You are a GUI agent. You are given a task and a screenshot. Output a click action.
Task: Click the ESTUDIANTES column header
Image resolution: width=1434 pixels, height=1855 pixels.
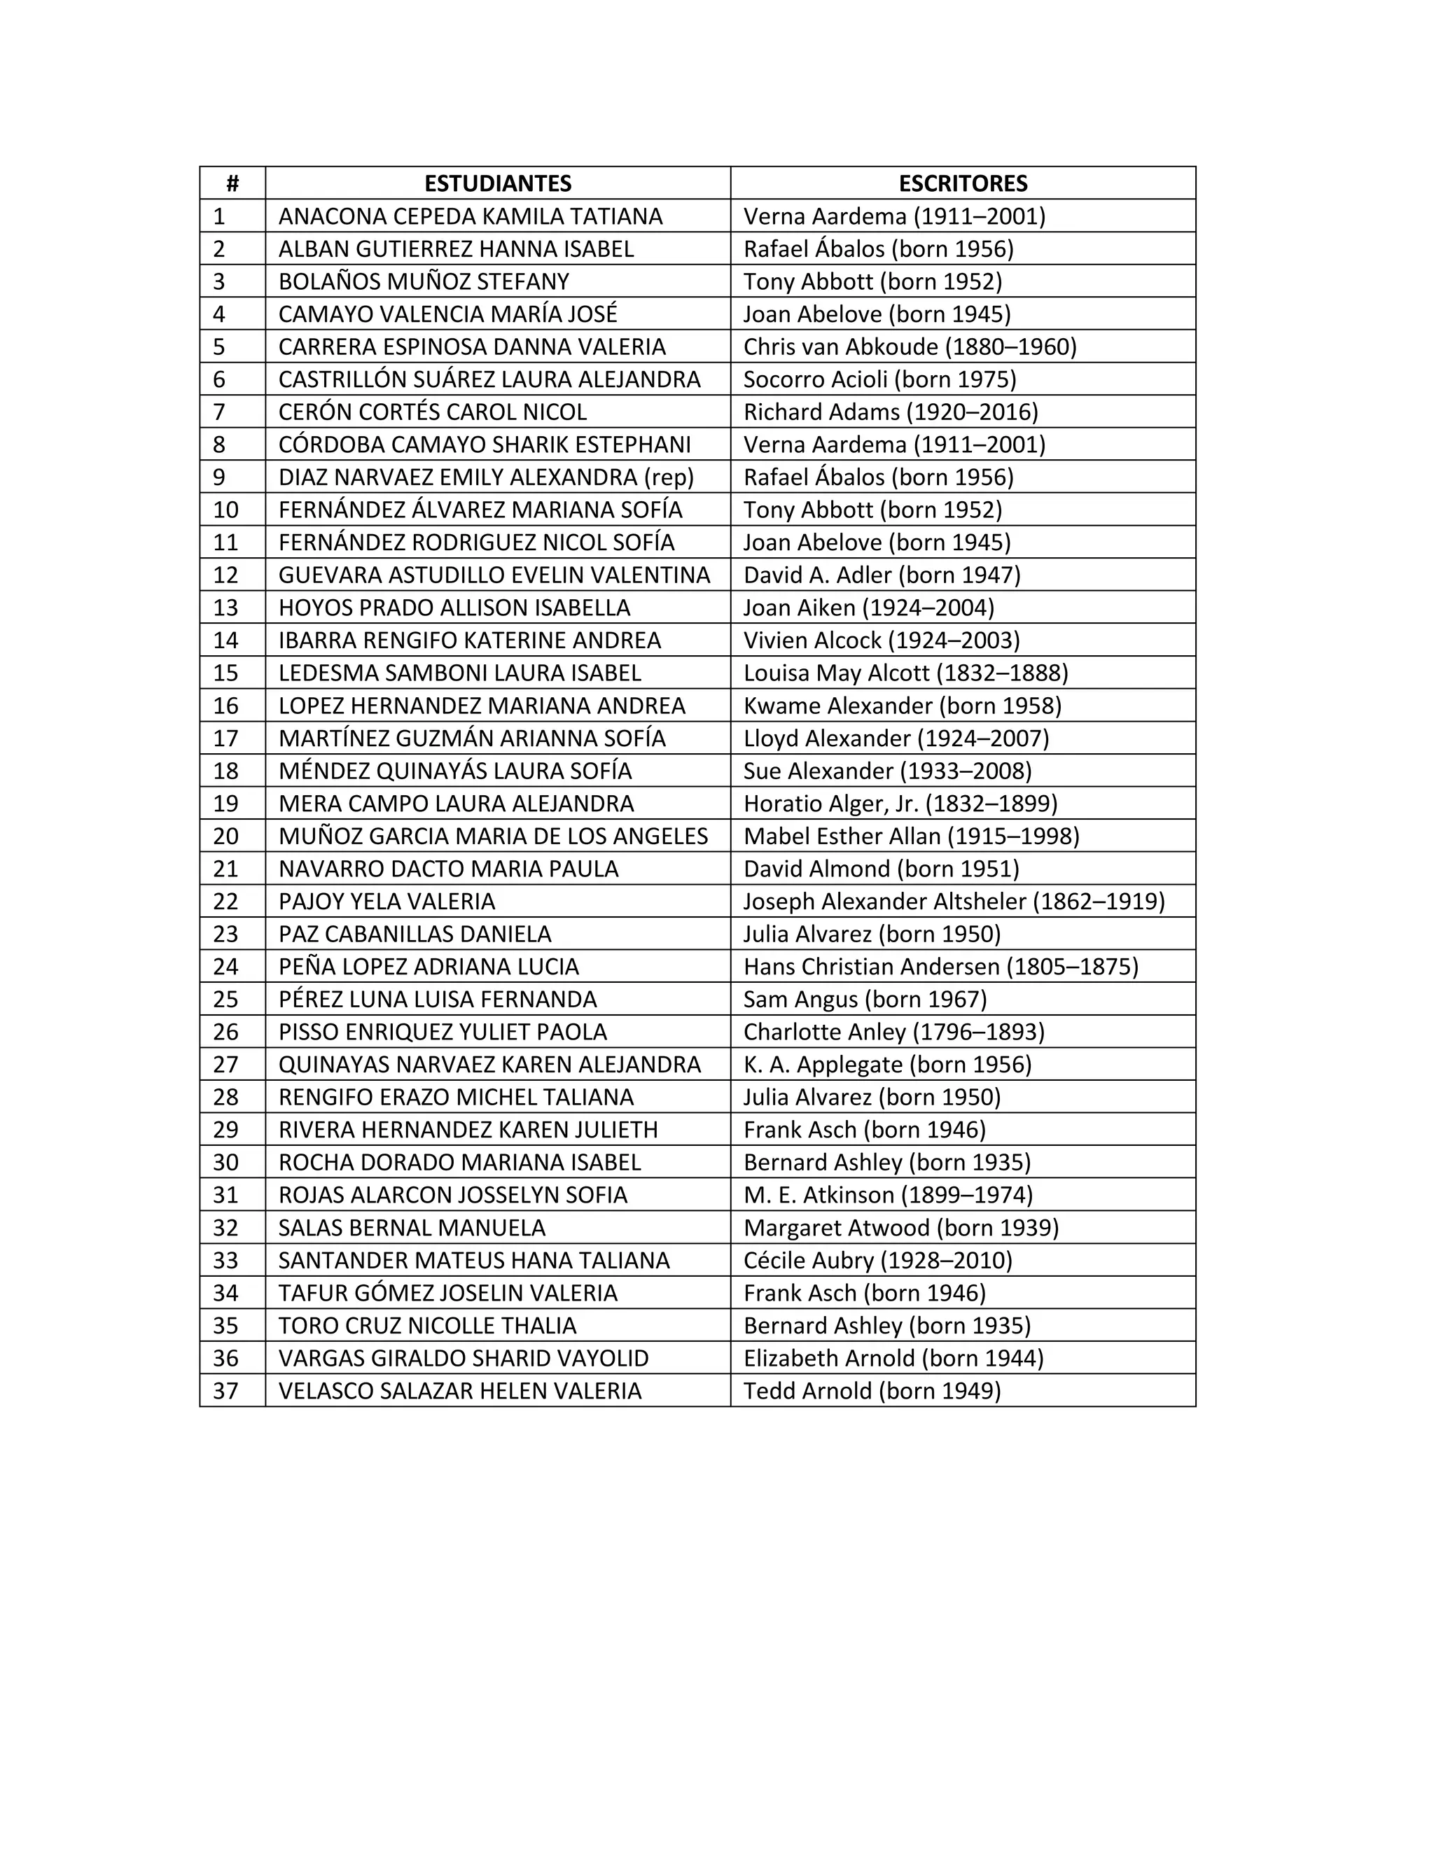click(x=497, y=183)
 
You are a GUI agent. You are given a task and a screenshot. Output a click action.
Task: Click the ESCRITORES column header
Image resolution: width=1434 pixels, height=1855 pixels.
click(x=963, y=183)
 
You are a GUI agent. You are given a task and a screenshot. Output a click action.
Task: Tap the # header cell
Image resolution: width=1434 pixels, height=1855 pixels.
click(x=232, y=183)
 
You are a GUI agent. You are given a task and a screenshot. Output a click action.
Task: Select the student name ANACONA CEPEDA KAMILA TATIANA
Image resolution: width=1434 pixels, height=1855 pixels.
click(x=470, y=216)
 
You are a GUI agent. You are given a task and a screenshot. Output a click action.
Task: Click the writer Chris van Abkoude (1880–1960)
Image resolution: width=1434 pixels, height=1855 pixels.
click(x=909, y=346)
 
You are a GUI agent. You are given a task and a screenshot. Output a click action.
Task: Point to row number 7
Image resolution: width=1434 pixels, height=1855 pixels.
click(x=219, y=412)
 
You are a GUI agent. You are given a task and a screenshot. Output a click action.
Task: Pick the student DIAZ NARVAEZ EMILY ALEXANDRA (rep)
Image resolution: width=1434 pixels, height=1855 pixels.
click(x=486, y=477)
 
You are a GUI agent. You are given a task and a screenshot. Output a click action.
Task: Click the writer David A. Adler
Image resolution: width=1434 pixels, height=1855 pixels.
click(x=881, y=575)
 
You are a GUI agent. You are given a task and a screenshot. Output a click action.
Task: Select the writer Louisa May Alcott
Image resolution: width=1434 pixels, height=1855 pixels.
click(x=905, y=673)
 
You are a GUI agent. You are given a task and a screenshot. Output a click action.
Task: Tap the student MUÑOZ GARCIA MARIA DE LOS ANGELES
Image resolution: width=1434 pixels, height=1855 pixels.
click(x=493, y=836)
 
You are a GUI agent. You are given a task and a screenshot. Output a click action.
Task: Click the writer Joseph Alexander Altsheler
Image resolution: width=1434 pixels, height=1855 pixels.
click(x=953, y=901)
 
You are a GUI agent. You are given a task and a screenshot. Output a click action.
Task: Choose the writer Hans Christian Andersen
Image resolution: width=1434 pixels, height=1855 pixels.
click(x=940, y=967)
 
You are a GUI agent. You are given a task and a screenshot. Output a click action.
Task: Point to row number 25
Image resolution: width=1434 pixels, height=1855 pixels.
click(x=225, y=999)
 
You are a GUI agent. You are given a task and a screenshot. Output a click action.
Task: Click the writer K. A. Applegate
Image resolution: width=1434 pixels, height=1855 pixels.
click(x=887, y=1064)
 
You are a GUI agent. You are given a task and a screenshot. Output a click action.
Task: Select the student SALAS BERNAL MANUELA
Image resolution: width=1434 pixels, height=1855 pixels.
click(x=412, y=1227)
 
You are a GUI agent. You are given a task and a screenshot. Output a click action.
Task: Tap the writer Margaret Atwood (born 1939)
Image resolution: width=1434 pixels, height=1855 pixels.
click(x=900, y=1227)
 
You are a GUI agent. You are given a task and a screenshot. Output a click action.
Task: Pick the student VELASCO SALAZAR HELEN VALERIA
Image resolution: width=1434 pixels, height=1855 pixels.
click(x=459, y=1390)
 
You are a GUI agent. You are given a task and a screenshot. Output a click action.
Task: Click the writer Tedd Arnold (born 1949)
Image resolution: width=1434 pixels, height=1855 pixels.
click(x=872, y=1390)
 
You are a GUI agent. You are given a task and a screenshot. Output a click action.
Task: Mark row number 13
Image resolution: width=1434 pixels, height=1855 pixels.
click(x=225, y=608)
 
